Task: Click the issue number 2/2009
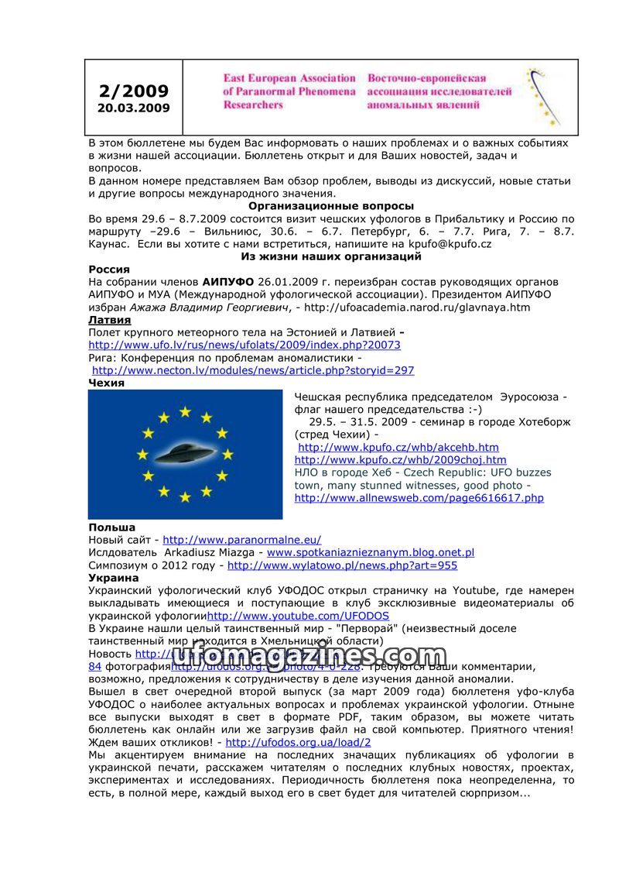pyautogui.click(x=133, y=91)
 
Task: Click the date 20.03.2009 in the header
pyautogui.click(x=133, y=108)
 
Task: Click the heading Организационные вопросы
pyautogui.click(x=330, y=206)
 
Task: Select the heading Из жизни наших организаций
pyautogui.click(x=330, y=256)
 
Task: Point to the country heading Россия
pyautogui.click(x=109, y=269)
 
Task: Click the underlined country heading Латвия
pyautogui.click(x=110, y=319)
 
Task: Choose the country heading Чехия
pyautogui.click(x=107, y=383)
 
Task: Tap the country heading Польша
pyautogui.click(x=111, y=527)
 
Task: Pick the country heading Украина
pyautogui.click(x=114, y=578)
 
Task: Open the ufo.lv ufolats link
pyautogui.click(x=245, y=345)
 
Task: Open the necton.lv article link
pyautogui.click(x=253, y=370)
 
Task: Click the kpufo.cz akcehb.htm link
pyautogui.click(x=398, y=447)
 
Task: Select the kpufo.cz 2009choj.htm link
pyautogui.click(x=401, y=460)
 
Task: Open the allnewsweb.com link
pyautogui.click(x=419, y=498)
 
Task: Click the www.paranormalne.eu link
pyautogui.click(x=241, y=540)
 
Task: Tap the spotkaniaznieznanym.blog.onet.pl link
pyautogui.click(x=370, y=552)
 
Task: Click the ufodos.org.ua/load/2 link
pyautogui.click(x=303, y=742)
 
